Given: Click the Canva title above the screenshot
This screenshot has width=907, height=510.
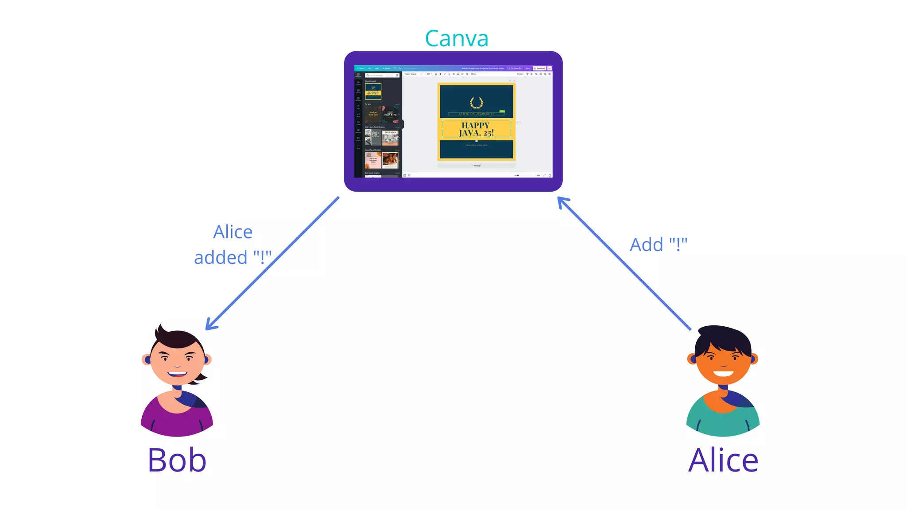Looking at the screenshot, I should click(x=457, y=39).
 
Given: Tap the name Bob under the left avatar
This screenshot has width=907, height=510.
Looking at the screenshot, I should click(x=177, y=460).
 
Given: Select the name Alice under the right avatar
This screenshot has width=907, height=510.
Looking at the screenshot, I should click(x=723, y=460).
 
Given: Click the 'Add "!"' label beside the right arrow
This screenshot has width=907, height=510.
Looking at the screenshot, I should click(x=659, y=244).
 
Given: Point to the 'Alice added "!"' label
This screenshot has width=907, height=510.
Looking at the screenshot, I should click(x=233, y=245).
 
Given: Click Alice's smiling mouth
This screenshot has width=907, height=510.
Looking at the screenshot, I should click(x=723, y=373).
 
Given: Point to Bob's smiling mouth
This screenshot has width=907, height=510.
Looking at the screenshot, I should click(x=177, y=374).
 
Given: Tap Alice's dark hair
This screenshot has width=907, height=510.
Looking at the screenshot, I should click(x=723, y=339).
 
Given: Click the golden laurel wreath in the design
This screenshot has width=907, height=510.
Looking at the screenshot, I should click(x=476, y=103).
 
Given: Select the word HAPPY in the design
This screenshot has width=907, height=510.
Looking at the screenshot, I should click(x=476, y=125).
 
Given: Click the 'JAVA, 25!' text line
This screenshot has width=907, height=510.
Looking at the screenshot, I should click(x=476, y=133).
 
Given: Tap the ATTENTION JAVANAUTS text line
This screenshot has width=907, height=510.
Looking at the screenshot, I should click(x=476, y=114).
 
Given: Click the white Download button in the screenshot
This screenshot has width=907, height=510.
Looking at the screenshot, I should click(x=539, y=68).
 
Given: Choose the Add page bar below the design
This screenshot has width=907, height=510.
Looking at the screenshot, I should click(x=476, y=166).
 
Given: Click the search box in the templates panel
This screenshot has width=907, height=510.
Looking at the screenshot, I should click(x=382, y=75).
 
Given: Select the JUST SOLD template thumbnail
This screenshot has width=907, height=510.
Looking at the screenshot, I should click(x=390, y=138).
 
